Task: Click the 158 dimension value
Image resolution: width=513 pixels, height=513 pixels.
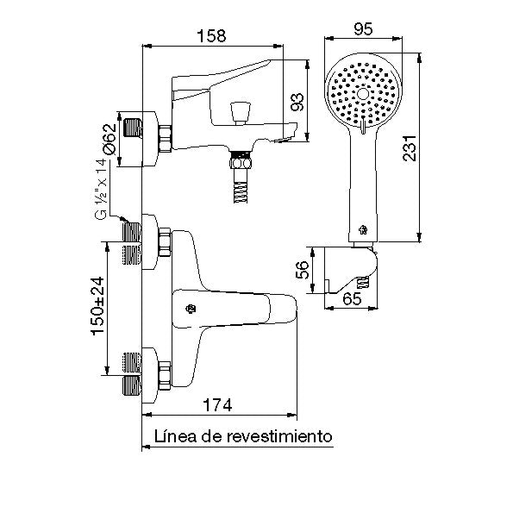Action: click(x=211, y=35)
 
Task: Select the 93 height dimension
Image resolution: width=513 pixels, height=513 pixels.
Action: click(x=297, y=102)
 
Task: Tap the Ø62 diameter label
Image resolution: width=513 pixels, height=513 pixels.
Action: click(x=109, y=139)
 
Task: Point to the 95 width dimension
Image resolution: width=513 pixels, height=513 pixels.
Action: click(x=363, y=29)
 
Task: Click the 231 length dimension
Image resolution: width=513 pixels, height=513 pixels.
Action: click(x=410, y=148)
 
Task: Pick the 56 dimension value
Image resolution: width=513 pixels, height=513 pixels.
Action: click(x=303, y=270)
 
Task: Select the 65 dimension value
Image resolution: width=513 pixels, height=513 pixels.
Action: click(x=352, y=298)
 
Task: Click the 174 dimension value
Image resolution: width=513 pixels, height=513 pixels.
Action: click(x=217, y=405)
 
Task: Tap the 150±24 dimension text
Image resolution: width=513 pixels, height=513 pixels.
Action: click(x=97, y=306)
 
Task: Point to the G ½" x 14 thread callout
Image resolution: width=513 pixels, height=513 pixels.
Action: click(x=101, y=189)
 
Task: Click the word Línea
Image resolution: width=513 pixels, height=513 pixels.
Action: click(x=175, y=436)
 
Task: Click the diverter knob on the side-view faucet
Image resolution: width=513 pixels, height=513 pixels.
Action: click(x=241, y=113)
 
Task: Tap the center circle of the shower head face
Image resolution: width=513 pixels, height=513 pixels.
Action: click(x=363, y=94)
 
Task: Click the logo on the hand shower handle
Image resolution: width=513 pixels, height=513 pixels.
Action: click(x=363, y=230)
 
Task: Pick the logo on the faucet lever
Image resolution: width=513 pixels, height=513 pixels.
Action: click(x=191, y=309)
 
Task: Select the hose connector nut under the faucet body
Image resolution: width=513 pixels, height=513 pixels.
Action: click(x=241, y=162)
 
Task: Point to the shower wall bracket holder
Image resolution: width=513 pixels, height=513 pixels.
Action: click(x=351, y=270)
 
